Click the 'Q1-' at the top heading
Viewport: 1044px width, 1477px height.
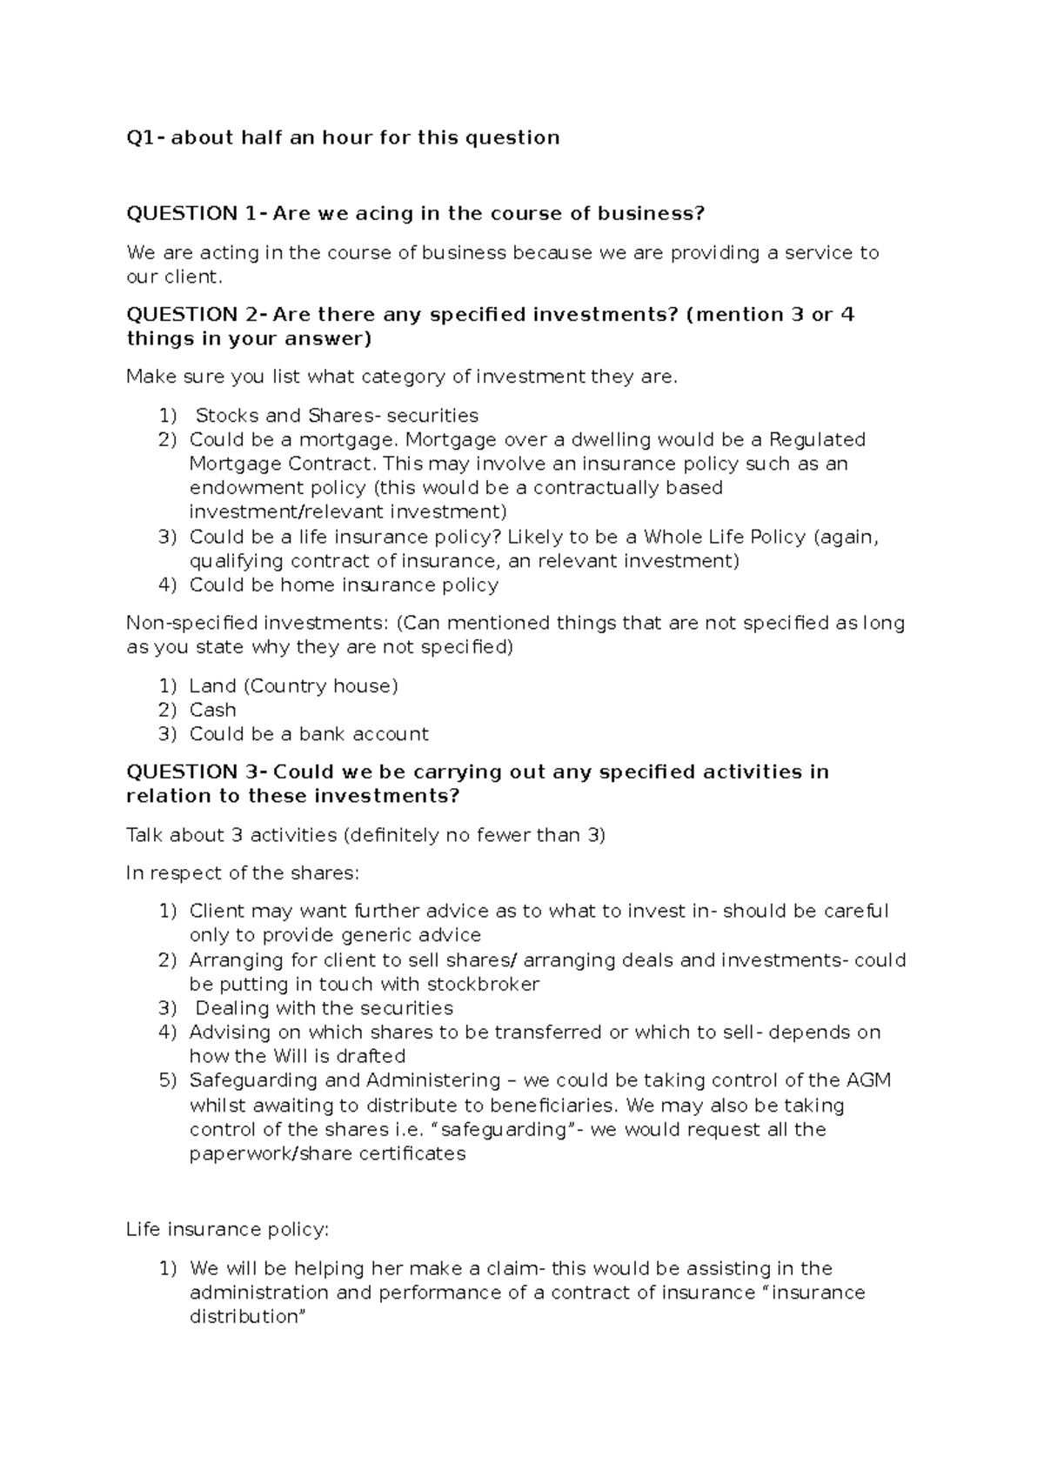pyautogui.click(x=145, y=137)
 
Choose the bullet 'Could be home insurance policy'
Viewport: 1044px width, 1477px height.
pyautogui.click(x=344, y=585)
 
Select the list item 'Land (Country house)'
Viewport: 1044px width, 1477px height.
pyautogui.click(x=293, y=686)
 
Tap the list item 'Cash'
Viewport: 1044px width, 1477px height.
pyautogui.click(x=212, y=710)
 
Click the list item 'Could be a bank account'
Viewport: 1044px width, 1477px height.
pyautogui.click(x=309, y=734)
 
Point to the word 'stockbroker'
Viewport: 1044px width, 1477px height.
pyautogui.click(x=488, y=985)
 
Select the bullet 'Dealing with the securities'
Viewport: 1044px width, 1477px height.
pyautogui.click(x=324, y=1008)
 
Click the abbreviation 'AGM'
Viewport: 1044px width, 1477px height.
pyautogui.click(x=867, y=1080)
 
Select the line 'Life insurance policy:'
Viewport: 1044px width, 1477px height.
pyautogui.click(x=228, y=1230)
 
